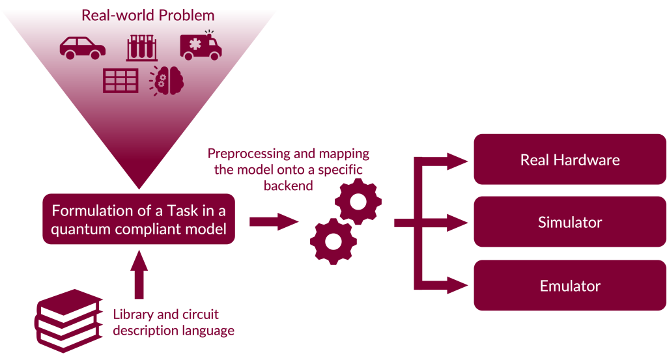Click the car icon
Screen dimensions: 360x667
point(83,48)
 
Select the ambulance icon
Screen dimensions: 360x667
point(201,46)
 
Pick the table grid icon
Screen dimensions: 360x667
point(121,80)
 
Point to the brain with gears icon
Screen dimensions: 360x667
point(169,81)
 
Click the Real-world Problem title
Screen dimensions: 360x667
point(148,14)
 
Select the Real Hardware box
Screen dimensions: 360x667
point(570,159)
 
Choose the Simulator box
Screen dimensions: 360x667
point(570,223)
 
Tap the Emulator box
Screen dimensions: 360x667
point(570,286)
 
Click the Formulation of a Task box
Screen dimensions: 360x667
point(139,219)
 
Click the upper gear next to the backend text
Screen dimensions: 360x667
point(358,201)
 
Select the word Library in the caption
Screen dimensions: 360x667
point(132,315)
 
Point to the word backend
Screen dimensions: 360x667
point(288,186)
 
